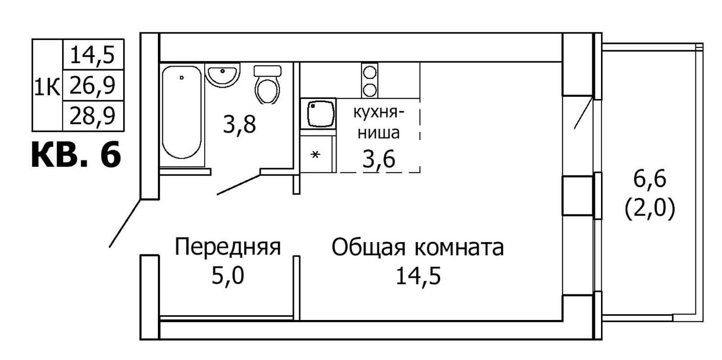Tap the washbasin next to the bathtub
(x=222, y=75)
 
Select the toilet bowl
(x=267, y=85)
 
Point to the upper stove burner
(x=369, y=72)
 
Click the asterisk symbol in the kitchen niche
(x=315, y=155)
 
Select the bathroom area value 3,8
(x=239, y=125)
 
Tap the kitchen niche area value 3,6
(x=379, y=159)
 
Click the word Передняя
(x=228, y=247)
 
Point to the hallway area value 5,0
(x=228, y=276)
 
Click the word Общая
(x=368, y=248)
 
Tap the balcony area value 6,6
(x=650, y=179)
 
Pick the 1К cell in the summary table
(x=47, y=85)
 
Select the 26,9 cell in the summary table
(x=93, y=85)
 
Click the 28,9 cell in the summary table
(x=93, y=116)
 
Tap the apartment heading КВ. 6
(x=76, y=155)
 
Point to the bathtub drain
(x=182, y=77)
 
